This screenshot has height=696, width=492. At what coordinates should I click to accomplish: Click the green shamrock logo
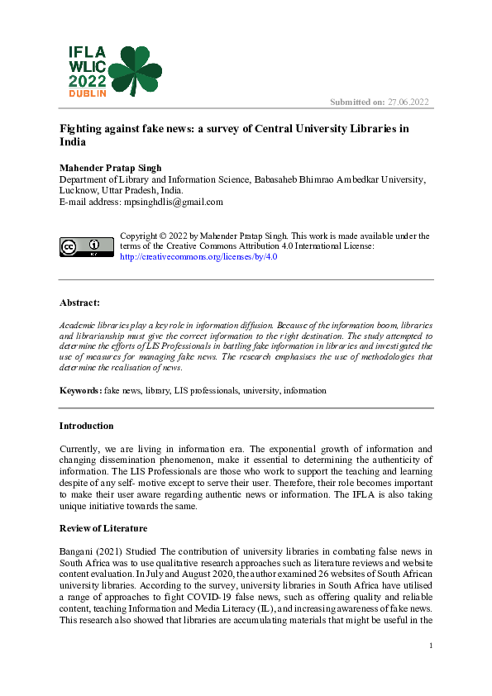(136, 69)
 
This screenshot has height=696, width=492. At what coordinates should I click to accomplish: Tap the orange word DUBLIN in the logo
(87, 94)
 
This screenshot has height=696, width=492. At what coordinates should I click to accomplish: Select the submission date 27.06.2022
(408, 102)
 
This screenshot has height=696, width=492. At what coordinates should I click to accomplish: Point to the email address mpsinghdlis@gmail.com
(170, 202)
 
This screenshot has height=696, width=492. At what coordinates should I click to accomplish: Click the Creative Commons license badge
(86, 246)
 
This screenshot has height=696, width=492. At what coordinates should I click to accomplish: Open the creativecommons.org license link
(198, 257)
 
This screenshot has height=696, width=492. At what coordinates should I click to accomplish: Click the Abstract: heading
(79, 303)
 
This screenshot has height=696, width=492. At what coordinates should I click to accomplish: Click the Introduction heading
(86, 427)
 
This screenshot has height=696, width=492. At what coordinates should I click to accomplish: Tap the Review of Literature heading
(103, 527)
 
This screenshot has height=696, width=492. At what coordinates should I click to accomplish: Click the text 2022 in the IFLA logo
(87, 81)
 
